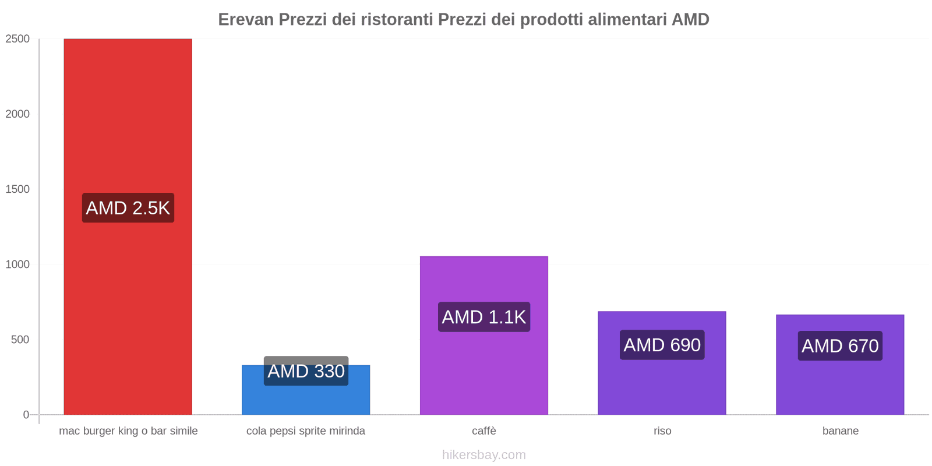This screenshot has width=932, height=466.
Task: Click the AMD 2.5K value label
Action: click(x=128, y=208)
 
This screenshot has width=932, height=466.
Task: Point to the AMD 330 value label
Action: click(x=306, y=371)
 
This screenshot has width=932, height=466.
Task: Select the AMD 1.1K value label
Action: click(x=483, y=317)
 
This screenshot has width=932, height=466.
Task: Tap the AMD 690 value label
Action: click(x=662, y=345)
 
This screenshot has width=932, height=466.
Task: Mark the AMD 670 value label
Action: click(x=840, y=346)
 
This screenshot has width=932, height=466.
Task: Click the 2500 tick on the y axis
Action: click(x=17, y=39)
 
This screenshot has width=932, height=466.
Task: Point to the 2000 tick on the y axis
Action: click(x=17, y=114)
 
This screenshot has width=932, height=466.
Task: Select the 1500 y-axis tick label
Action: click(x=17, y=189)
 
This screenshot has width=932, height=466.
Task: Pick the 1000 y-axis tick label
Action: click(x=17, y=264)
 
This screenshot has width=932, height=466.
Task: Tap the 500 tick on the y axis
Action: click(x=20, y=340)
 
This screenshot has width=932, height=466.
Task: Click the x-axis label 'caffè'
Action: click(x=483, y=431)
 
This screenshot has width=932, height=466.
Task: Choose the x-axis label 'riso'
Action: click(x=662, y=431)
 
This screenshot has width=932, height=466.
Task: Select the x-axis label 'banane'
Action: click(x=840, y=431)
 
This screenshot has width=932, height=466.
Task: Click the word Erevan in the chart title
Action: click(x=246, y=20)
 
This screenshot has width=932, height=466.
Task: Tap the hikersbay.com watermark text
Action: click(x=483, y=455)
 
